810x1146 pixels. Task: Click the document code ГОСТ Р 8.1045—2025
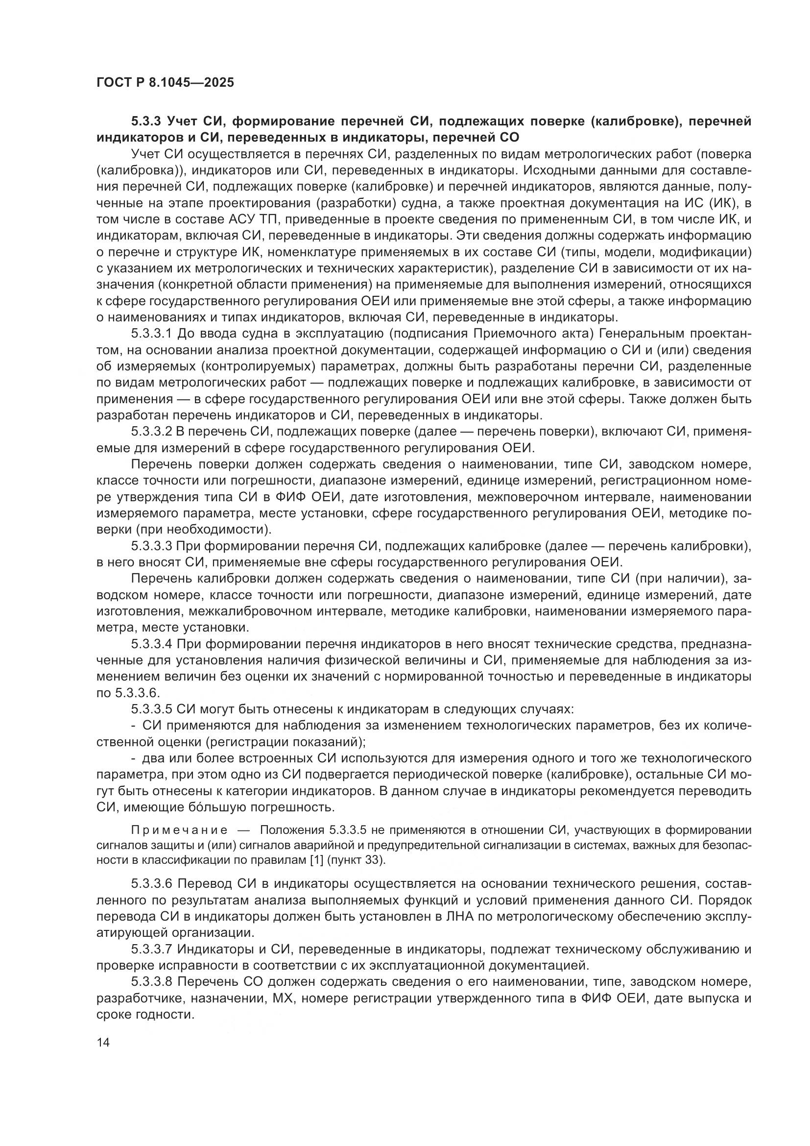tap(165, 83)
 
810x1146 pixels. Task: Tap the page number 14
tap(103, 1042)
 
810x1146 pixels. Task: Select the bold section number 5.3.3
tap(146, 122)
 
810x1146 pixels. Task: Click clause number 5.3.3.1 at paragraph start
tap(152, 334)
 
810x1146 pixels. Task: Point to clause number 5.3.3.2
tap(152, 432)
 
